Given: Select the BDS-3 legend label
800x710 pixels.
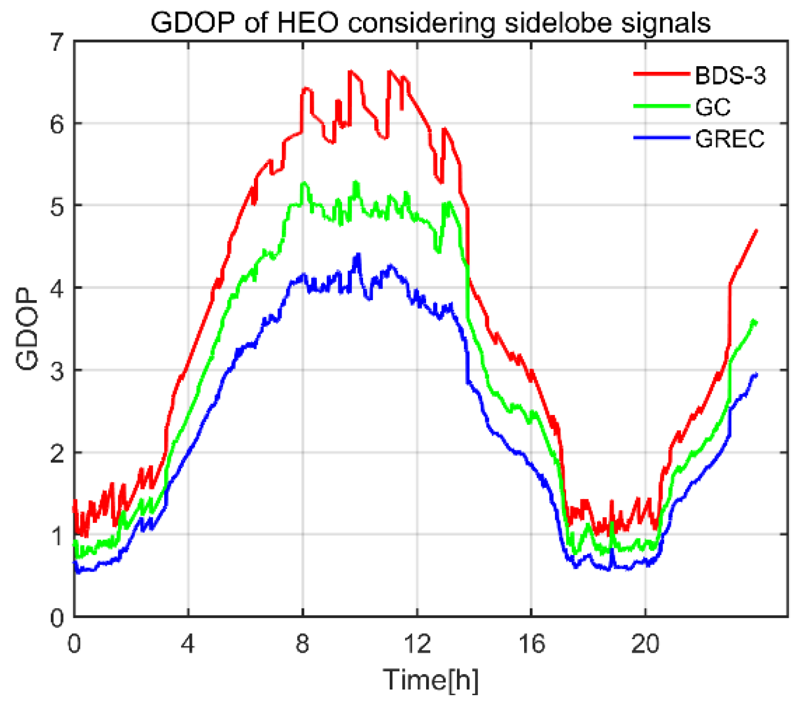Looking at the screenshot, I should point(730,76).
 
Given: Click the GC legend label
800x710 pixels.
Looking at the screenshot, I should point(713,107).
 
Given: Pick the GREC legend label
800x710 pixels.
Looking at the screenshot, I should point(730,139).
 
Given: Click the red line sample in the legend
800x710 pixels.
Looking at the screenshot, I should point(662,74).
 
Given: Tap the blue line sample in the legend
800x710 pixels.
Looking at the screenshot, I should point(662,137).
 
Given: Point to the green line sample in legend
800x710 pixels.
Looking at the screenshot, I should point(662,106).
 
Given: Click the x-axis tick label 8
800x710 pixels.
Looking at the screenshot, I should point(303,643).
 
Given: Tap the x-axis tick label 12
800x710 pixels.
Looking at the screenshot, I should point(417,643).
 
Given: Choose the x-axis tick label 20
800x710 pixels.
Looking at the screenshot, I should point(645,643).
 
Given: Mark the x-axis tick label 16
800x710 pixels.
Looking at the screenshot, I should point(531,643).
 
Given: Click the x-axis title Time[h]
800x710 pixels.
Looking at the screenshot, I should point(431,680).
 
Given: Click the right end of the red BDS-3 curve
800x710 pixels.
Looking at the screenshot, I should point(756,231).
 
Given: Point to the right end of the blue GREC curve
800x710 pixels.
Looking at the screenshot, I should point(756,375).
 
